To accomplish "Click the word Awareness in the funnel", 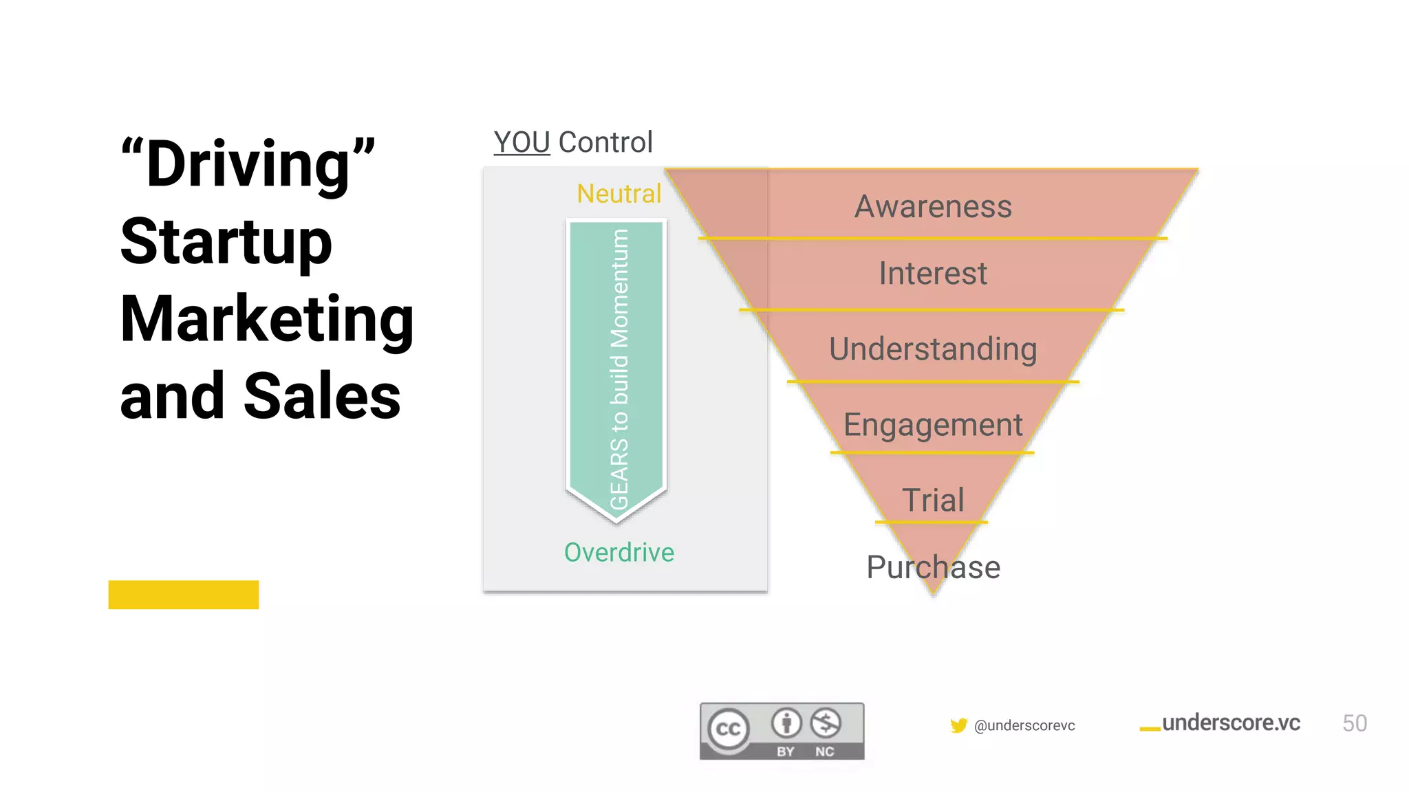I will coord(933,206).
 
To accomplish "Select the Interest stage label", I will coord(933,274).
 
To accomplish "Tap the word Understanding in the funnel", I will coord(933,349).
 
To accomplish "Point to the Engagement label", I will coord(933,425).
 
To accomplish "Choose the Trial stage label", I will coord(933,500).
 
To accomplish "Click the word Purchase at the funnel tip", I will coord(933,567).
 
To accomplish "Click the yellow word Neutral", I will coord(619,194).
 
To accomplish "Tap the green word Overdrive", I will coord(619,552).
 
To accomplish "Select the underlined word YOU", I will coord(521,142).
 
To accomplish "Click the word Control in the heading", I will coord(605,142).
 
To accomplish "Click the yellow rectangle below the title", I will coord(184,595).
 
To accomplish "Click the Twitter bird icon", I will coord(958,725).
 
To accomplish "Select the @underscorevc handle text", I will coord(1024,725).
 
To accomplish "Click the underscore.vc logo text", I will coord(1230,723).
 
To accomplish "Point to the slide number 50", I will coord(1354,723).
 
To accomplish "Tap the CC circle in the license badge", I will coord(729,729).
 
